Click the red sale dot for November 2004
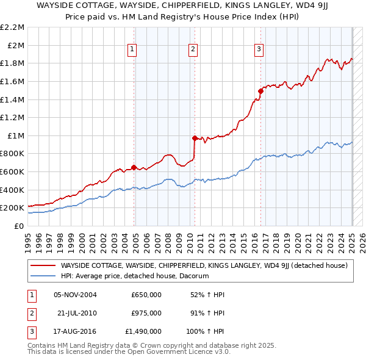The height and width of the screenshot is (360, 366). click(134, 167)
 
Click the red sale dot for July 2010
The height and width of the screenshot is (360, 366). click(195, 138)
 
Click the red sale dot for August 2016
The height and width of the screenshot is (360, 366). click(260, 91)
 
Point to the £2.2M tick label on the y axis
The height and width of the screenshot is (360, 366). click(13, 27)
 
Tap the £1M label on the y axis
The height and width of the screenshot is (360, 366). click(16, 135)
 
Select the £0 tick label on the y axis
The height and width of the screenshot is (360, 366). click(19, 226)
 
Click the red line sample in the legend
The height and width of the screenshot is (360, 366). click(43, 265)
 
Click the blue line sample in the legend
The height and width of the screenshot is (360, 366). click(43, 276)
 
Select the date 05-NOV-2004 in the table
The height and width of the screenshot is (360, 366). click(75, 295)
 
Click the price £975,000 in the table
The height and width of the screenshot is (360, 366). click(146, 313)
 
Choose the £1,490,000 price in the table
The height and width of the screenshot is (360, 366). click(143, 331)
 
